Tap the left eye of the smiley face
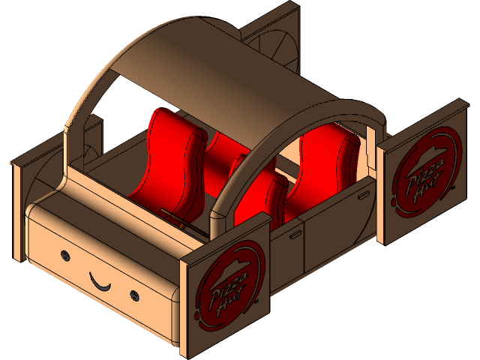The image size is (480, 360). pos(65,256)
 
